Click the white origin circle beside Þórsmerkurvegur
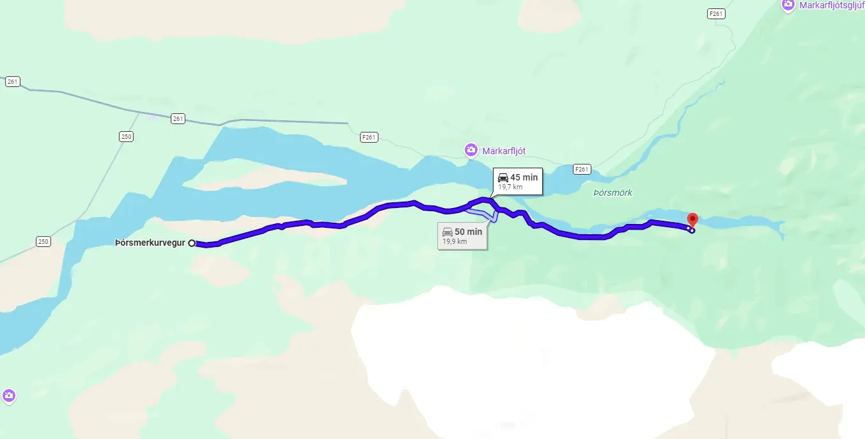coord(192,243)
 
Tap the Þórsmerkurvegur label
coord(150,243)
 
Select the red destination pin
coord(692,219)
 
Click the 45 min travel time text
coord(524,177)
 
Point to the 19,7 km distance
coord(511,188)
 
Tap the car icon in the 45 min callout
coord(503,177)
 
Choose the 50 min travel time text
coord(468,232)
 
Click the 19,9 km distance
coord(455,242)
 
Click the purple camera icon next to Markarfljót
coord(471,150)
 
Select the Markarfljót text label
coord(504,151)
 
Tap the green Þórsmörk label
coord(612,193)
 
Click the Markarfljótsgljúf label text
coord(832,5)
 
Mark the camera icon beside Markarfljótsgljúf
coord(788,5)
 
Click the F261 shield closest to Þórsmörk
coord(581,169)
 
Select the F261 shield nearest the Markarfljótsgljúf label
coord(716,13)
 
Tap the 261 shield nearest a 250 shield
coord(178,118)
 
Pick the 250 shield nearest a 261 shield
coord(126,136)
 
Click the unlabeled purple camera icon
coord(8,396)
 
